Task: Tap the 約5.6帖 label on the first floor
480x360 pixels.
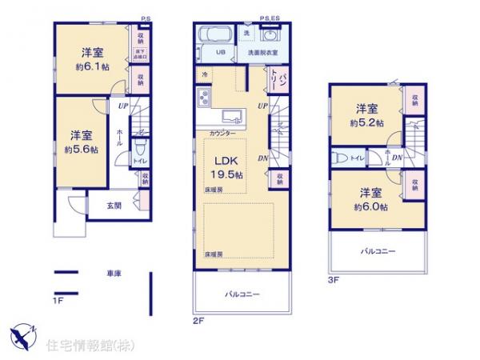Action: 81,150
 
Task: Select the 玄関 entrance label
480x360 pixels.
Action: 114,206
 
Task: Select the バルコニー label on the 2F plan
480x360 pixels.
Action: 242,294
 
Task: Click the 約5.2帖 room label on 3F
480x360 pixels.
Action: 368,116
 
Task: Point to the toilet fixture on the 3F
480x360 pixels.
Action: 338,158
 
